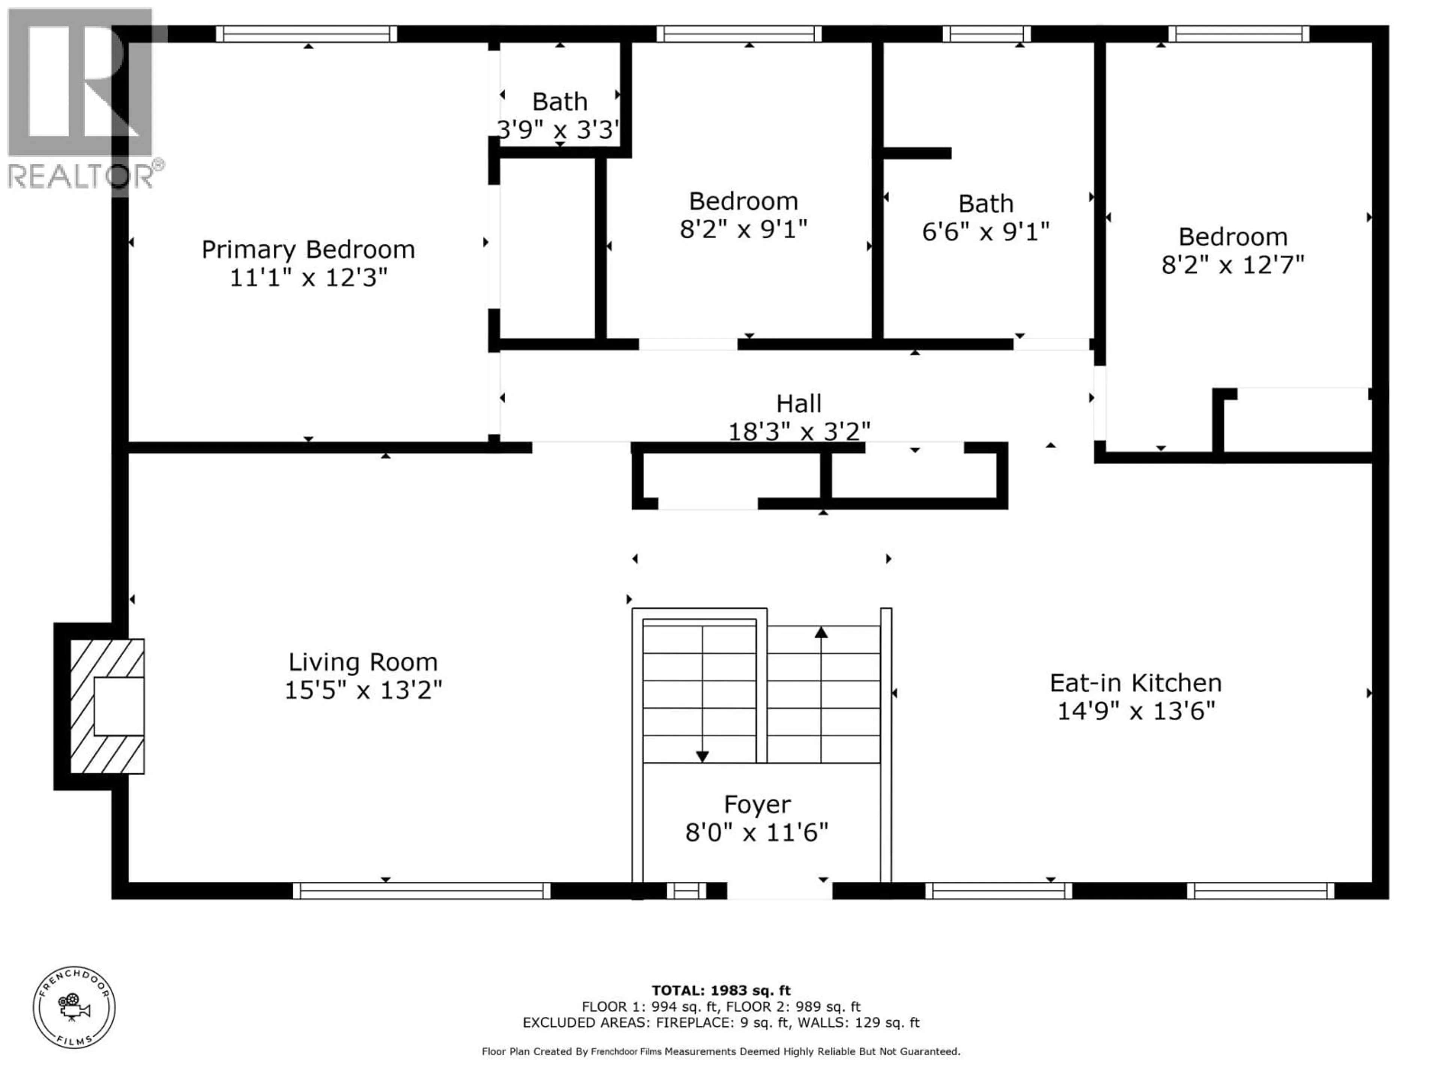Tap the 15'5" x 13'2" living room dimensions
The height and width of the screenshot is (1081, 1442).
(363, 690)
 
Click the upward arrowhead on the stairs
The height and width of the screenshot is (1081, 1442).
(821, 632)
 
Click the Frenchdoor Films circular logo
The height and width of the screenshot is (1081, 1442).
(74, 1007)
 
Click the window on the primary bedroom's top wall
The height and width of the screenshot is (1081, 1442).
(306, 34)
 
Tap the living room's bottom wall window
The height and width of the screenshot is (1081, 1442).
(421, 891)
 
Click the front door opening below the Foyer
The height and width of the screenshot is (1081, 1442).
(779, 891)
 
